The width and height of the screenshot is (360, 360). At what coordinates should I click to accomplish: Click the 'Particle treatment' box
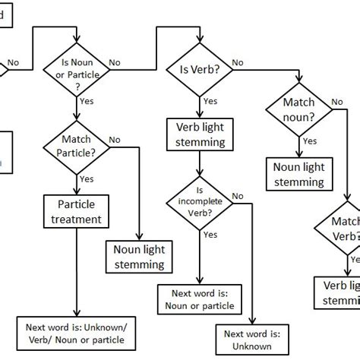coord(77,212)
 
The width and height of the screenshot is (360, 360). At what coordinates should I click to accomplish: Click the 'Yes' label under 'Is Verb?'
coord(210,101)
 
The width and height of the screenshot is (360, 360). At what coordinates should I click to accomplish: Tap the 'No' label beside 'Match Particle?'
coord(115,140)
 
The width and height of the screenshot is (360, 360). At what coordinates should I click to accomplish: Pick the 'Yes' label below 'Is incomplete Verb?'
coord(210,235)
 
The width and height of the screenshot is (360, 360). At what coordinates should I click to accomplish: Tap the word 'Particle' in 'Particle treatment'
coord(77,204)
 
